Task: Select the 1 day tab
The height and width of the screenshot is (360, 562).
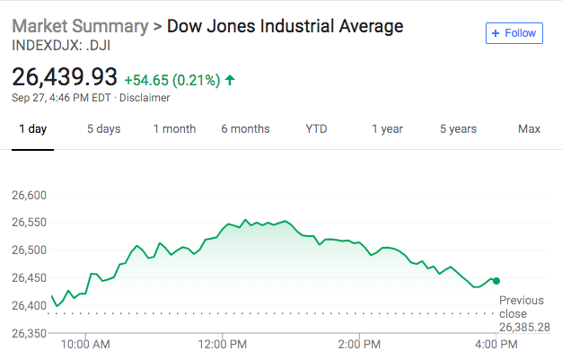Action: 33,129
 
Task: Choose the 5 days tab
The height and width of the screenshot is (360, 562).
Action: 103,129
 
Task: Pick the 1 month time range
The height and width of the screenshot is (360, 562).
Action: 174,129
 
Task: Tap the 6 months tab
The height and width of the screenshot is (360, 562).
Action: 245,129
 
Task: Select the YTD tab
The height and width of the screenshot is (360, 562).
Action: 316,129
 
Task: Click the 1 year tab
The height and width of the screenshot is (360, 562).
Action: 387,129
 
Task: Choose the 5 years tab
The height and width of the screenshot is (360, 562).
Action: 458,129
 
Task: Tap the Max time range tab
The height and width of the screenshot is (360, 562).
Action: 529,129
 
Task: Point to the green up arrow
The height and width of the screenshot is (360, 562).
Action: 231,80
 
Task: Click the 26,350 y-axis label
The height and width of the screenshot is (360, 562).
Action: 28,334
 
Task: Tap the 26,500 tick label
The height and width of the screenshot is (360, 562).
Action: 28,250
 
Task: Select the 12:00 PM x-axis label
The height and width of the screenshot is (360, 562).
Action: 222,344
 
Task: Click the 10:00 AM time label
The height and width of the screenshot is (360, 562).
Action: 85,344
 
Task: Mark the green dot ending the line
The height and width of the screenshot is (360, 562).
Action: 496,281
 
